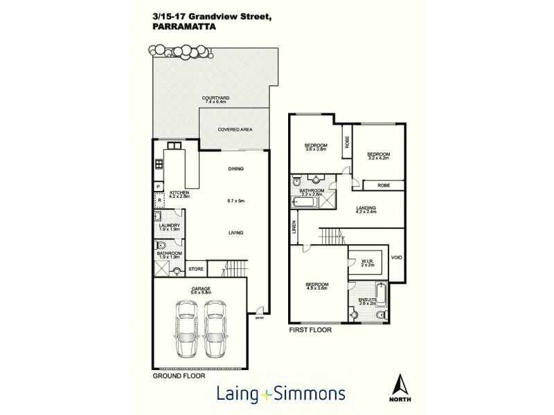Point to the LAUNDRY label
click(169, 225)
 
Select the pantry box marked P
click(159, 187)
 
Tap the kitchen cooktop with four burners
click(159, 164)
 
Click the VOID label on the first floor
click(397, 258)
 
